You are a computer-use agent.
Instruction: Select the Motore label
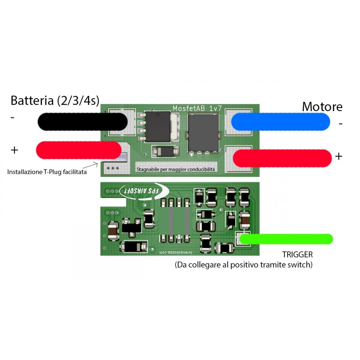click(x=322, y=107)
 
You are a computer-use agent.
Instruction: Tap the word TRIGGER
click(x=297, y=255)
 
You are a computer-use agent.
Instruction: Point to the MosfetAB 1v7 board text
click(x=198, y=108)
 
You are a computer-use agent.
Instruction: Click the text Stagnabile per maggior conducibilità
click(x=176, y=169)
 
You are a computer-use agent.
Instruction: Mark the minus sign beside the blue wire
click(x=340, y=123)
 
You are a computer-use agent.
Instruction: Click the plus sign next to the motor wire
click(x=338, y=156)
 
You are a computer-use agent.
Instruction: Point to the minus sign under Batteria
click(x=13, y=118)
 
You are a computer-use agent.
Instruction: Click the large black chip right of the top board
click(x=203, y=132)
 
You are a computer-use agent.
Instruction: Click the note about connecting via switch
click(x=243, y=265)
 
